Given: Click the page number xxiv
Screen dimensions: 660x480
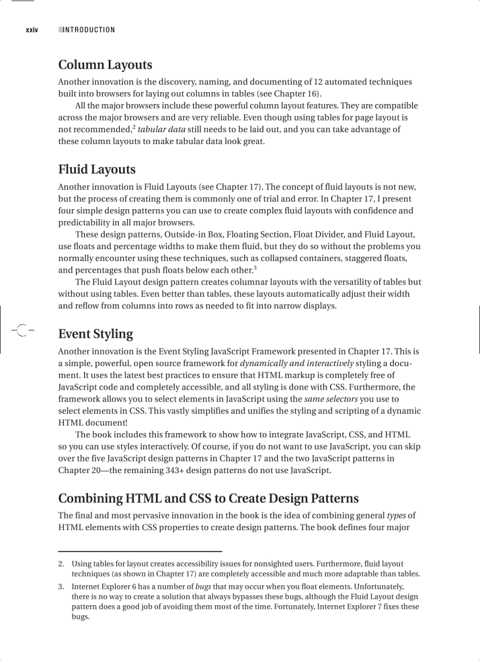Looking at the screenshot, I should [31, 30].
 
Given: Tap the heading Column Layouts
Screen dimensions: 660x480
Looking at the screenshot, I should [105, 65].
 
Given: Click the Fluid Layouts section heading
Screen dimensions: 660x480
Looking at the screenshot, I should [97, 170].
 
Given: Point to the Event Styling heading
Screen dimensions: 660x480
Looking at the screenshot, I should [95, 334].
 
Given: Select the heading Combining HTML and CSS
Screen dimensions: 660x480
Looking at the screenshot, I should [208, 499].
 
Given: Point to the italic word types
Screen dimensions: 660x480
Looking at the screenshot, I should [396, 515].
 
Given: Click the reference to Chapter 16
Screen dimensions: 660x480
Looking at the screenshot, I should [297, 94].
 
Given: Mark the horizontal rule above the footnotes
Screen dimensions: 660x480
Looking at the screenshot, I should [140, 551].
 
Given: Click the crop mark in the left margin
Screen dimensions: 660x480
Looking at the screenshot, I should [21, 330].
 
